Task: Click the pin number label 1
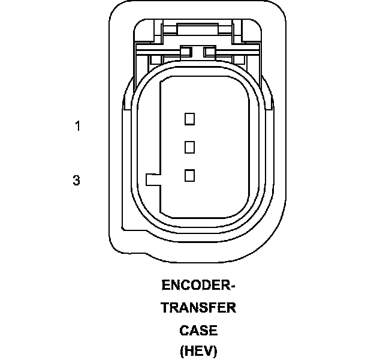(78, 126)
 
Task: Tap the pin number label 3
(76, 180)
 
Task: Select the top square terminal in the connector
(189, 119)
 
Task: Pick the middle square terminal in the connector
(189, 147)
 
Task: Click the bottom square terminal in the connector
(189, 175)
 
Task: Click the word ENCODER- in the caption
(198, 285)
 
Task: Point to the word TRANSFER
(198, 307)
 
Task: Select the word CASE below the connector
(198, 331)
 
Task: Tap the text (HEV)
(198, 351)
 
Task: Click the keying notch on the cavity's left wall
(153, 180)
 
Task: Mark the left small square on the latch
(186, 52)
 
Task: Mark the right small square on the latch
(209, 52)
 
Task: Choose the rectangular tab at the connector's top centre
(198, 30)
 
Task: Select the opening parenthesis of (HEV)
(182, 352)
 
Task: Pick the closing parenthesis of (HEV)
(215, 352)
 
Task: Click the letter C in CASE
(184, 331)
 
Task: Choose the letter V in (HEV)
(207, 351)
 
